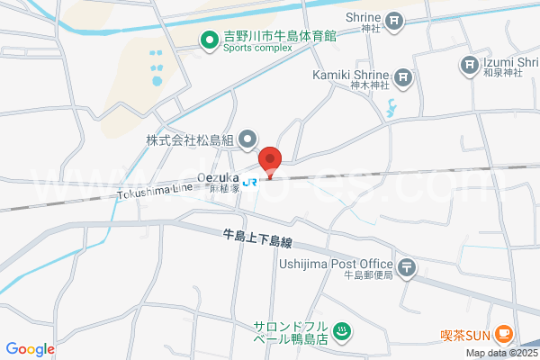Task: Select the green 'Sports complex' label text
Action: tap(257, 49)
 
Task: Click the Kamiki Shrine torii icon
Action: tap(401, 76)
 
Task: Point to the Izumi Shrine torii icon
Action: tap(470, 63)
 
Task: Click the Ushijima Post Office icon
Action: tap(408, 266)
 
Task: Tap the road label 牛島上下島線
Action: tap(258, 240)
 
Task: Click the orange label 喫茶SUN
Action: tap(464, 335)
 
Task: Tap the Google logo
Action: tap(31, 349)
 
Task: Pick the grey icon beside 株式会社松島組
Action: tap(250, 139)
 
